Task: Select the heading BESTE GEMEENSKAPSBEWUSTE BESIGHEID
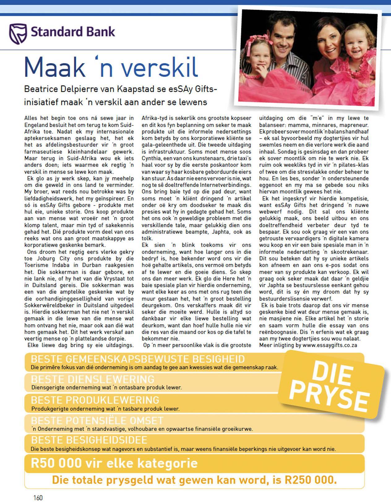138,359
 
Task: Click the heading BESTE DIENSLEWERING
93,379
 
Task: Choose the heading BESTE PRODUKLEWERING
95,400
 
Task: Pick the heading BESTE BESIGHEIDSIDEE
89,440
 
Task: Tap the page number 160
38,498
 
